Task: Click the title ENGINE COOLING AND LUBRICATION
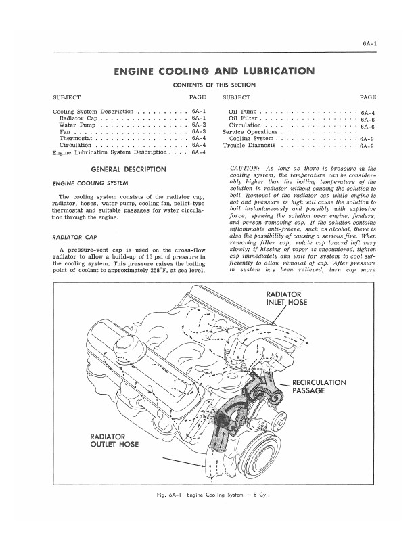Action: [214, 71]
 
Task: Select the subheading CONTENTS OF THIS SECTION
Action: [214, 85]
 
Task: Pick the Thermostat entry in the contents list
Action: [78, 139]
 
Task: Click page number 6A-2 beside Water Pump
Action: [198, 125]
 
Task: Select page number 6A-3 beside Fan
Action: [198, 131]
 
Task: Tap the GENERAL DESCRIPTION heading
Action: [128, 169]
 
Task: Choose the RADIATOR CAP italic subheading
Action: [71, 238]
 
